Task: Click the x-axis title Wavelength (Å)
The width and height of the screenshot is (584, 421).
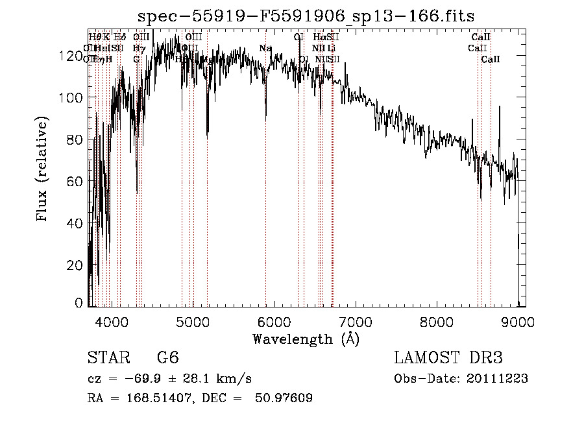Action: tap(306, 339)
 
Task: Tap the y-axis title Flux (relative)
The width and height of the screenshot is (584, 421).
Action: tap(43, 170)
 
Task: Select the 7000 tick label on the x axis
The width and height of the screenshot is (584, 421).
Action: tap(356, 322)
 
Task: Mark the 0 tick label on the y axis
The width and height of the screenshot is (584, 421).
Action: tap(79, 302)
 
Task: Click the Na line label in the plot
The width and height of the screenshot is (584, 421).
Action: tap(265, 48)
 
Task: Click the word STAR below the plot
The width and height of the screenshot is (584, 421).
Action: tap(106, 358)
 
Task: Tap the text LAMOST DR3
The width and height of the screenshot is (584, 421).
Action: tap(448, 358)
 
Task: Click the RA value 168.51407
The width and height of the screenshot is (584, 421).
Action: tap(149, 398)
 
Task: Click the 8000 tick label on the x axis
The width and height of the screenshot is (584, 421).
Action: tap(437, 322)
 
